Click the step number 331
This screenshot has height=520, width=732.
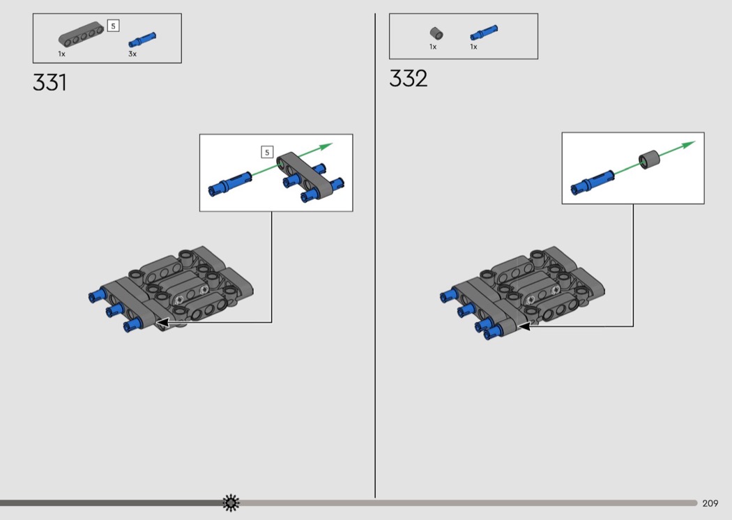click(x=49, y=83)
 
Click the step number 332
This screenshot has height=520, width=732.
click(x=408, y=79)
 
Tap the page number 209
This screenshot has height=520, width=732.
click(x=710, y=503)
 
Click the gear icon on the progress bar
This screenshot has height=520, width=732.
click(x=231, y=503)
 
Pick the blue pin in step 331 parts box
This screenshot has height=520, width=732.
click(x=142, y=40)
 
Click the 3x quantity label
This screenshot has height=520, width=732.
click(x=132, y=54)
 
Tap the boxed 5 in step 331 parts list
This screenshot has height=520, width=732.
click(x=113, y=26)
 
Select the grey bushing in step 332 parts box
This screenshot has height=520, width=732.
click(x=436, y=33)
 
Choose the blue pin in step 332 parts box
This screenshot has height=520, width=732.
click(x=484, y=33)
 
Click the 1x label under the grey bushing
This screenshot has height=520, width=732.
click(x=433, y=47)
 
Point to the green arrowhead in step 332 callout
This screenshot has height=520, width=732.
click(x=688, y=145)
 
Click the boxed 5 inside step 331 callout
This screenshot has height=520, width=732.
click(x=267, y=152)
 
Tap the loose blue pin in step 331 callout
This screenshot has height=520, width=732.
click(x=229, y=183)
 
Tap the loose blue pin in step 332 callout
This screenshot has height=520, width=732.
click(x=593, y=182)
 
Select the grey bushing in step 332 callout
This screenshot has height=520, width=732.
click(x=649, y=160)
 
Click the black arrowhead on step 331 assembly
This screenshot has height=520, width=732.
click(x=162, y=322)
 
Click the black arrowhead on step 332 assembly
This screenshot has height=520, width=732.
click(x=525, y=326)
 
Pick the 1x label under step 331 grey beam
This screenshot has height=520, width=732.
click(x=61, y=54)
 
